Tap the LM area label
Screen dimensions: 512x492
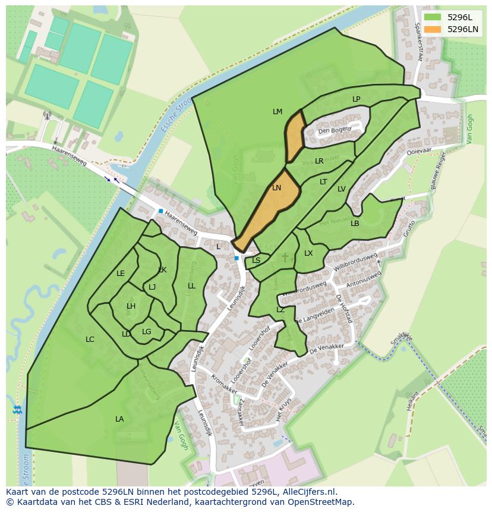pos(277,112)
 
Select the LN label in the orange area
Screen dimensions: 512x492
pos(277,188)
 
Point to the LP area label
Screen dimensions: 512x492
pos(356,99)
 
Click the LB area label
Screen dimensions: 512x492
pos(355,224)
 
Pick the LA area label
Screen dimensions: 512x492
pos(119,419)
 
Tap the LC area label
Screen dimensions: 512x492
pos(90,340)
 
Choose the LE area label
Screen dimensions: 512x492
pos(121,274)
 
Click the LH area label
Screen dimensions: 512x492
pos(131,306)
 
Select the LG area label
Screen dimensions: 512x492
pos(147,332)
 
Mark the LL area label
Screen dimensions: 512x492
pos(191,286)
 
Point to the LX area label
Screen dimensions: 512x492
pos(308,253)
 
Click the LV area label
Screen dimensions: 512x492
pos(341,189)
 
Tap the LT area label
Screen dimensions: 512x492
pos(323,182)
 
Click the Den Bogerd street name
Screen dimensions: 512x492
pos(335,130)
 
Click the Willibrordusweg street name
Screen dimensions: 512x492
pos(355,263)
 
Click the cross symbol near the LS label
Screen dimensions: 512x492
pos(285,257)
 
